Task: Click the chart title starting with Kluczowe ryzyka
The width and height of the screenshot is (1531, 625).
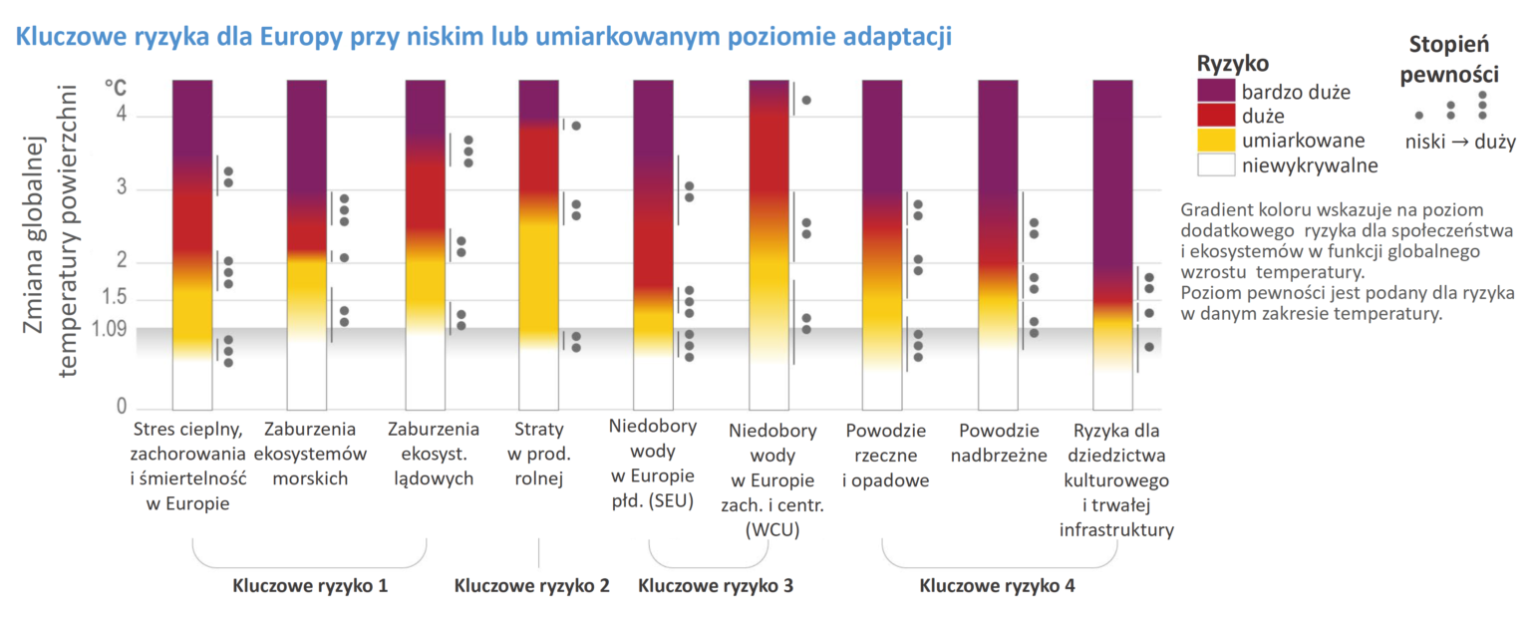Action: pos(482,37)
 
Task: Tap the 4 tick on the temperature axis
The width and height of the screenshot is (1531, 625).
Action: pos(121,116)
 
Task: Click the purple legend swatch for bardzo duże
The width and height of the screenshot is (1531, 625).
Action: pos(1216,93)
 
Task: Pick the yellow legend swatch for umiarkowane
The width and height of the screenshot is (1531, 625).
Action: pos(1216,141)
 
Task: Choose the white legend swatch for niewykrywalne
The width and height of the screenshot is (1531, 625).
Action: pos(1216,164)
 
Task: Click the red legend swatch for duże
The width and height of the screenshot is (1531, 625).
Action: pos(1216,117)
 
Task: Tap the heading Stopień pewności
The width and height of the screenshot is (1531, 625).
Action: pos(1448,59)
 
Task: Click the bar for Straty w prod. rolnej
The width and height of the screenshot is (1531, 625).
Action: pos(538,244)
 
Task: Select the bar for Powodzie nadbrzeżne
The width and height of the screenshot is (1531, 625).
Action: pos(998,244)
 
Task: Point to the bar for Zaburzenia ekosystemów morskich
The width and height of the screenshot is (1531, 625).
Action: pos(307,244)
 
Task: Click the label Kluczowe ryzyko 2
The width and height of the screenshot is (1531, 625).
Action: pos(531,586)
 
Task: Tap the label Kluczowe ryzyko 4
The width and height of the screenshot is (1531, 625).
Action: pos(997,586)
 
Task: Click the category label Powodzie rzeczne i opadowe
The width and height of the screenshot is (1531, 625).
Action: pos(886,456)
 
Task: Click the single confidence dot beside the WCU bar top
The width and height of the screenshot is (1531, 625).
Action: pos(806,100)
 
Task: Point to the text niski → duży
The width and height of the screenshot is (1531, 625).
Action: pos(1460,143)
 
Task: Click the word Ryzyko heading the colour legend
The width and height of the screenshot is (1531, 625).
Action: pos(1232,64)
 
